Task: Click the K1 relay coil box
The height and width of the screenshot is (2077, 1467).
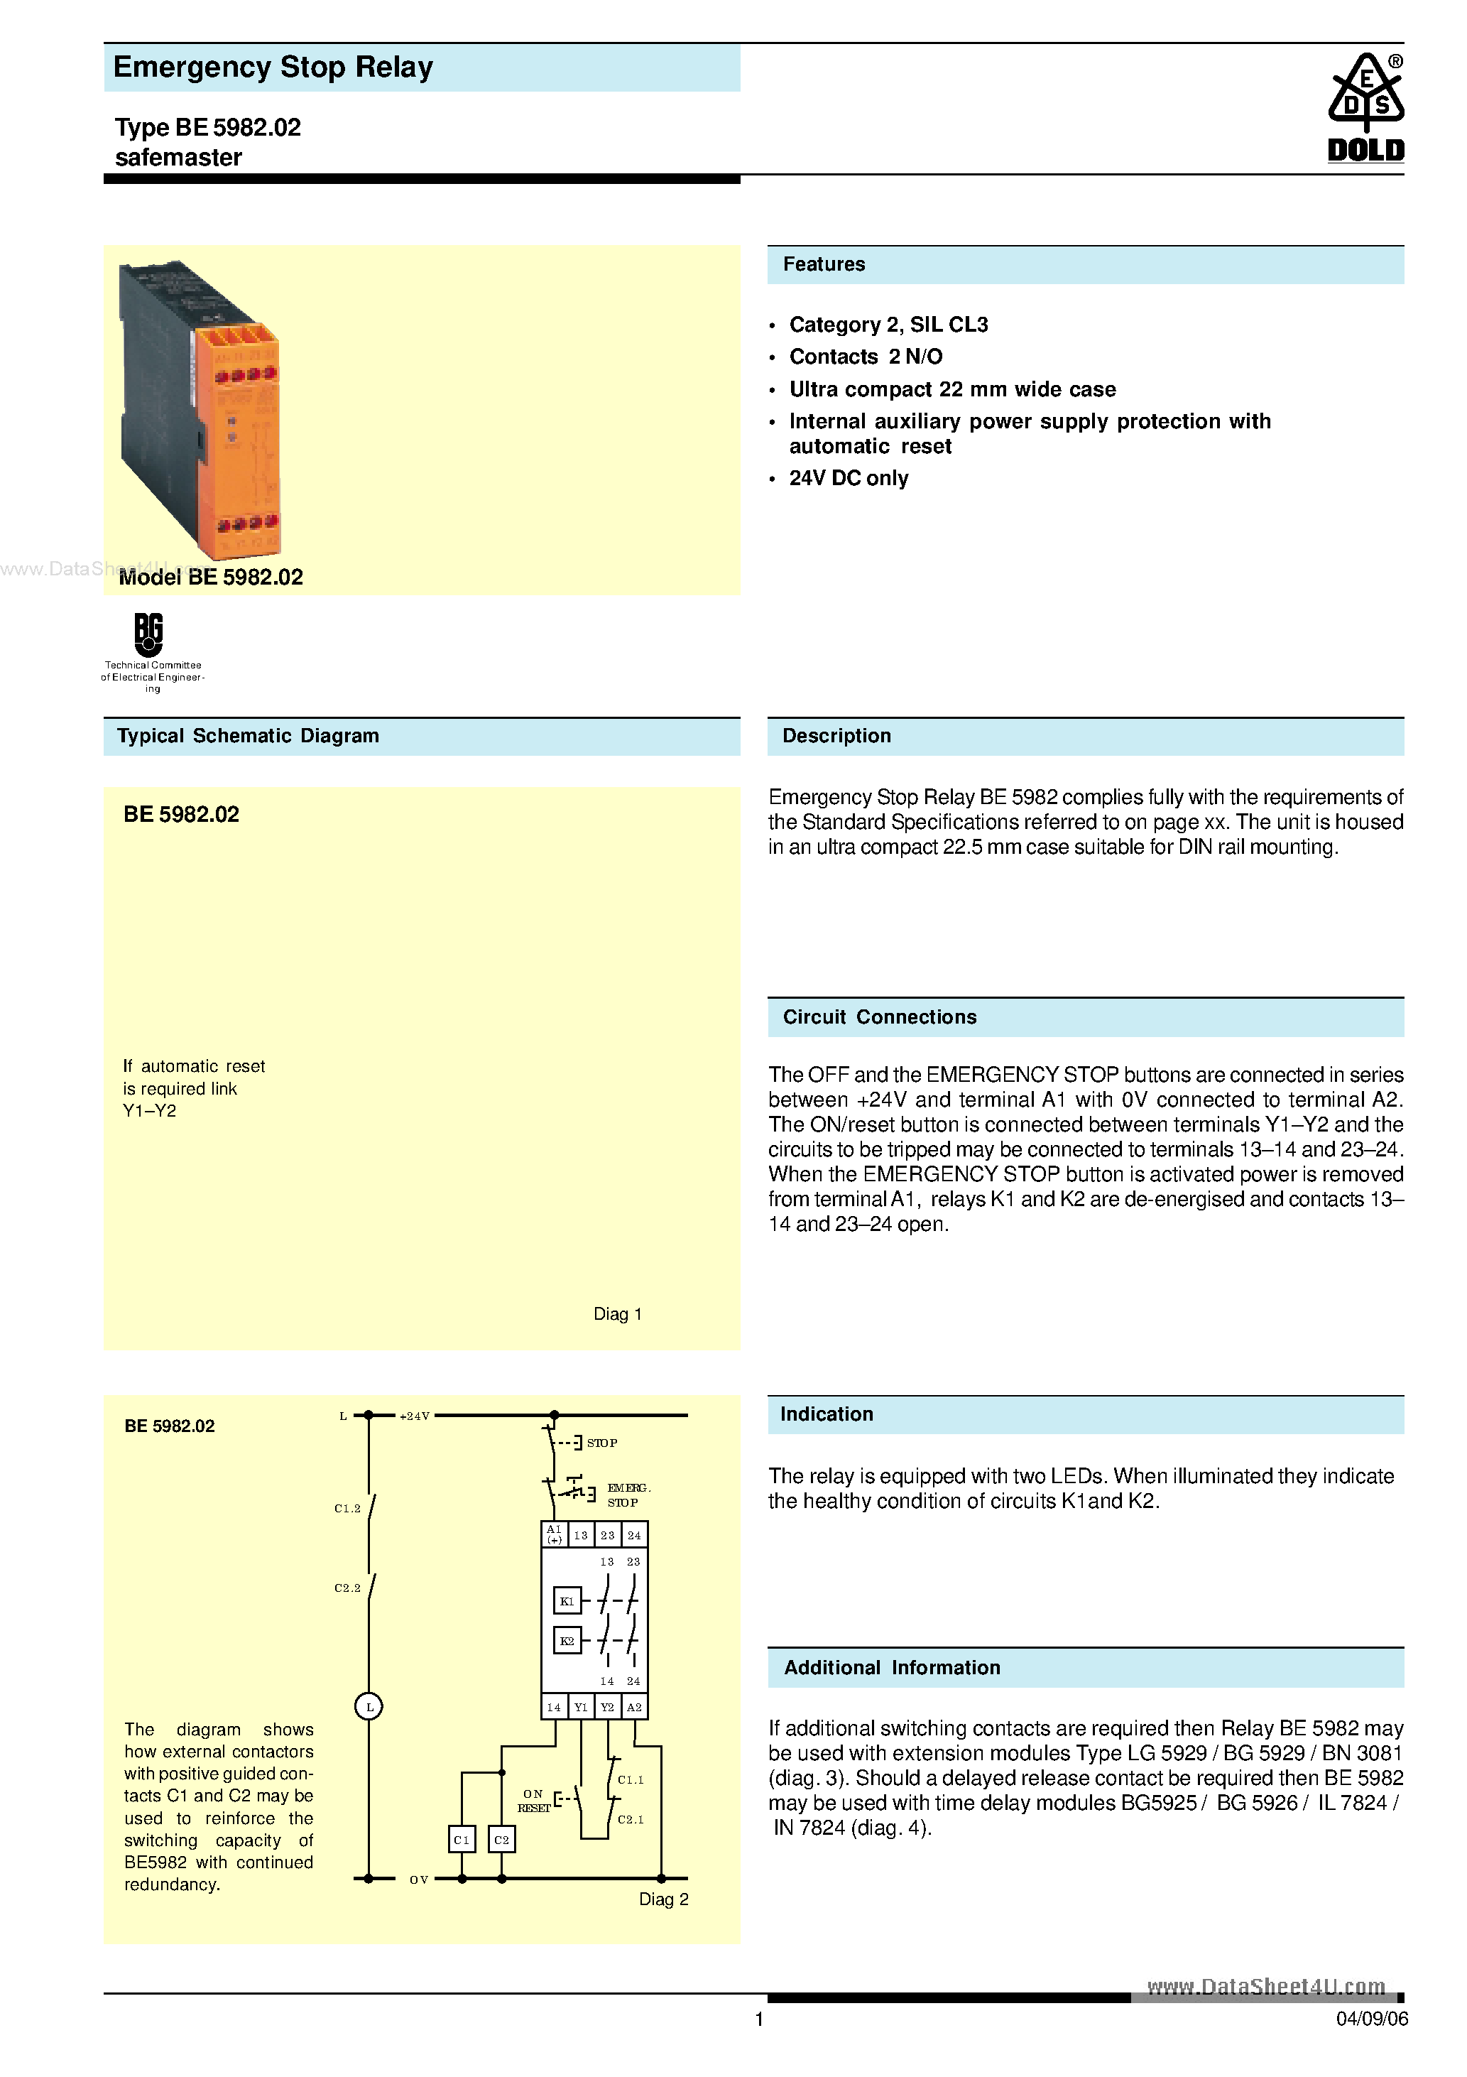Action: (x=567, y=1600)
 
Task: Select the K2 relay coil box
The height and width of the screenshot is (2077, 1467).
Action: (x=567, y=1640)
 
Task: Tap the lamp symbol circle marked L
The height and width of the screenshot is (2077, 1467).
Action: (x=369, y=1707)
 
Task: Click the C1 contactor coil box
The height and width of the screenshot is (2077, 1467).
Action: (x=462, y=1839)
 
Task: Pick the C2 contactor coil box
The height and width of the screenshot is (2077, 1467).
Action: (x=502, y=1839)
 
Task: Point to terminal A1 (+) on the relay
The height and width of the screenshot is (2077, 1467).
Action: (x=555, y=1534)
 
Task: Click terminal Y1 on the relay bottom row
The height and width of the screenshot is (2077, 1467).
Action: (x=581, y=1707)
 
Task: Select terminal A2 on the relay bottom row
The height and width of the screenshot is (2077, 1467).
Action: (x=635, y=1707)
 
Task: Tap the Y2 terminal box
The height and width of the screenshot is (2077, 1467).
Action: (x=608, y=1707)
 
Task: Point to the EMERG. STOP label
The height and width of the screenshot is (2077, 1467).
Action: (x=627, y=1495)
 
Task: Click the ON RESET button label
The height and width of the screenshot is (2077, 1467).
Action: (x=534, y=1800)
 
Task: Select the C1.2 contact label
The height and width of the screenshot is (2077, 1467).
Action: (x=347, y=1508)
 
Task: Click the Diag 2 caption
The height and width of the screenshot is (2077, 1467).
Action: (x=663, y=1899)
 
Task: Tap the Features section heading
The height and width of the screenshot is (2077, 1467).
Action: (x=824, y=264)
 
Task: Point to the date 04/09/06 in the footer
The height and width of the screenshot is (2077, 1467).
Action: (x=1371, y=2019)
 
